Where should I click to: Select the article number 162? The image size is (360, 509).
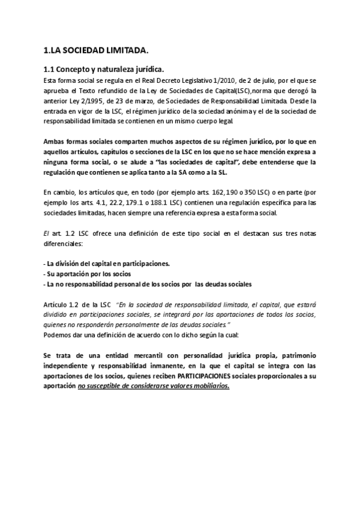[x=232, y=193]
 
